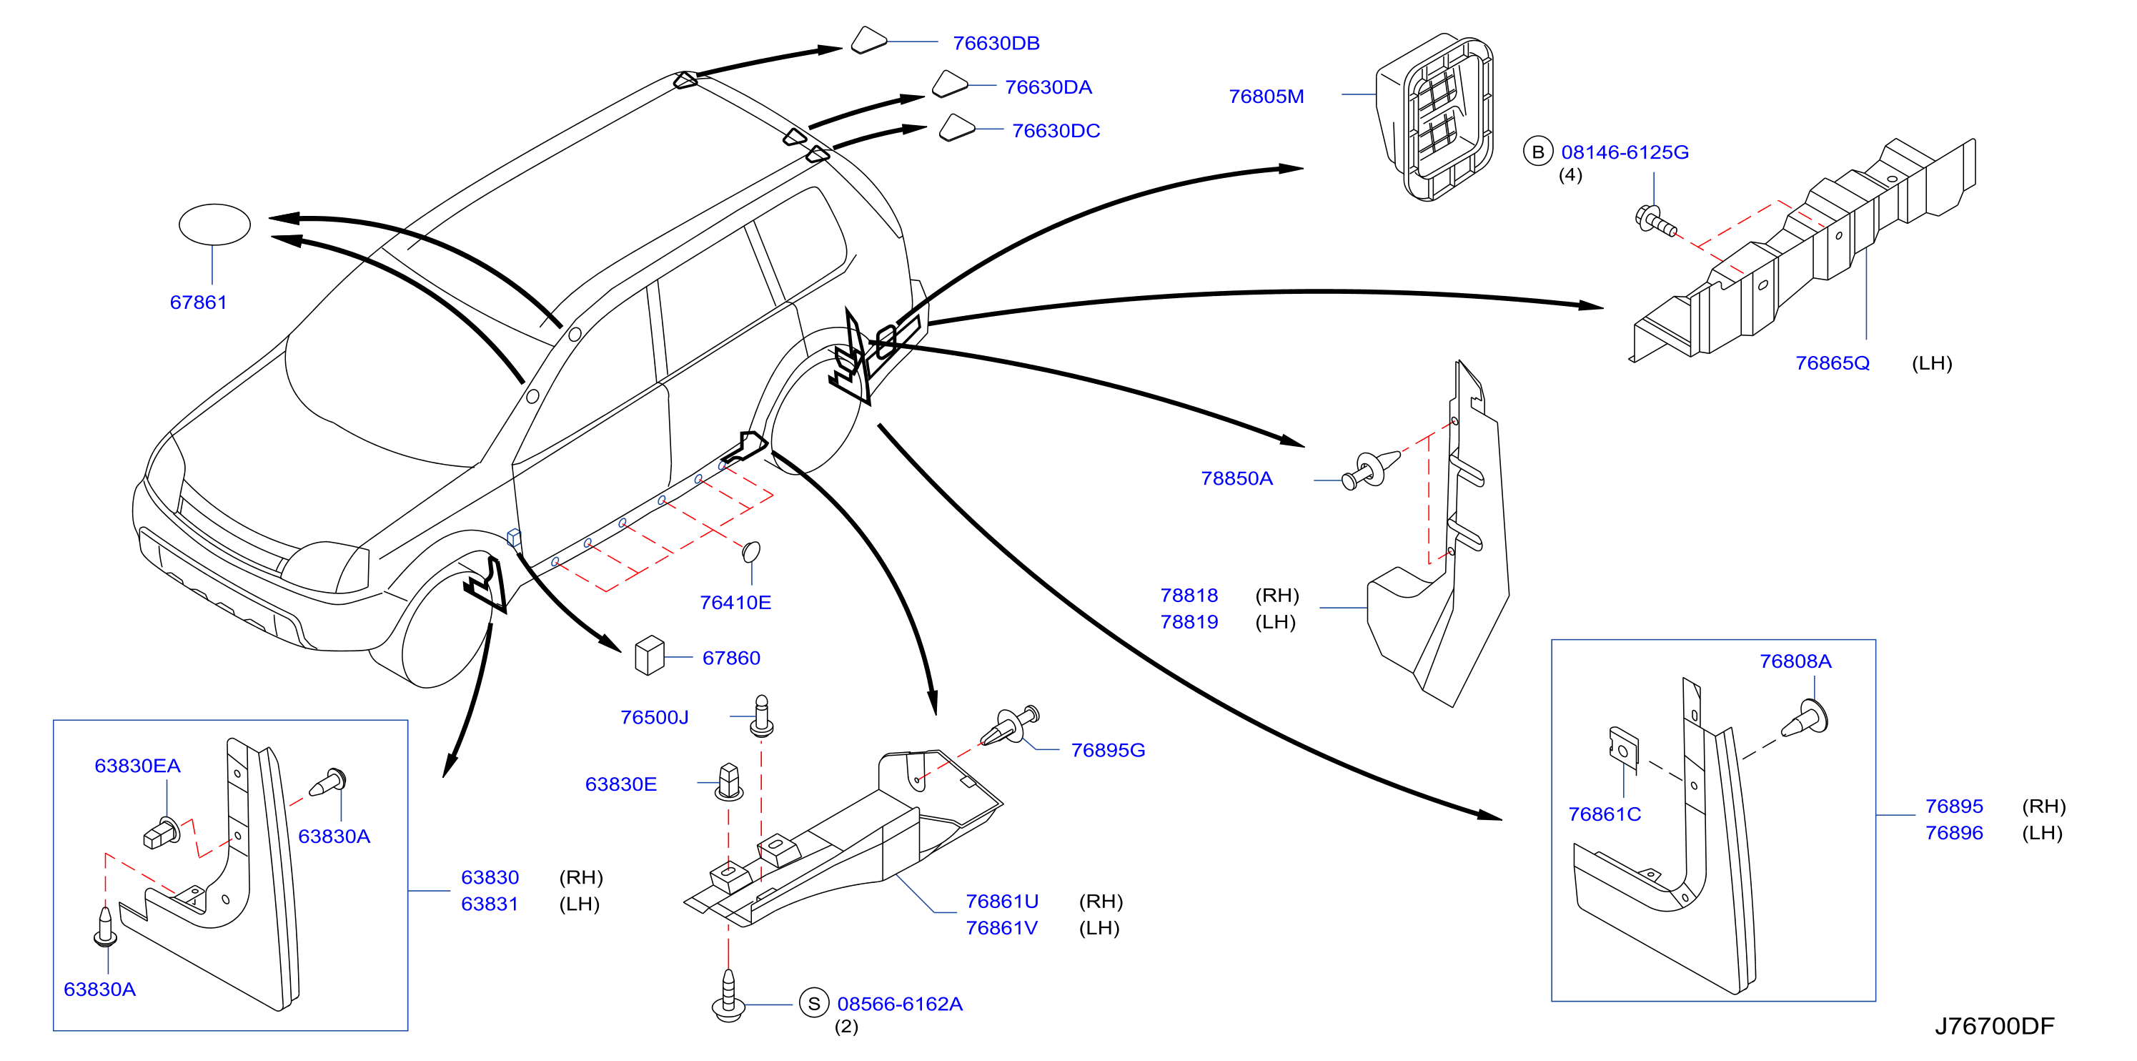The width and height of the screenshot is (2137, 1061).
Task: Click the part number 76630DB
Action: (996, 43)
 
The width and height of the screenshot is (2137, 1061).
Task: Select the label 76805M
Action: (1266, 97)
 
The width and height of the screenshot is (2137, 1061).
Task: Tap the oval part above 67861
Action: (215, 224)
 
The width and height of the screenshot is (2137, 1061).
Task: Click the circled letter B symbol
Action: (1537, 152)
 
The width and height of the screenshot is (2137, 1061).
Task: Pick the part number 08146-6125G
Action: (1625, 152)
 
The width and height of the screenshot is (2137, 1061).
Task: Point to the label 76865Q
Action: (1832, 363)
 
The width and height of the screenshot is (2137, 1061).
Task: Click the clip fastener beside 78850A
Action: (1369, 469)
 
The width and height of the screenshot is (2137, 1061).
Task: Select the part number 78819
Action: (1189, 621)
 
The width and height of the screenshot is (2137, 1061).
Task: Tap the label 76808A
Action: (1795, 661)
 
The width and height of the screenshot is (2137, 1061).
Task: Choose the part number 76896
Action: (1953, 832)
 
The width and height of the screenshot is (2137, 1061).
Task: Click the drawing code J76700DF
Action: (1994, 1026)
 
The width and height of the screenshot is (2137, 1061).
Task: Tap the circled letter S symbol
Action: (814, 1003)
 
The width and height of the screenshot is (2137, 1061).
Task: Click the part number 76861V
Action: (1001, 927)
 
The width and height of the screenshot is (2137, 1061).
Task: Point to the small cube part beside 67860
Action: (650, 656)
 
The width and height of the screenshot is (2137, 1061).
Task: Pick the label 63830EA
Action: (137, 766)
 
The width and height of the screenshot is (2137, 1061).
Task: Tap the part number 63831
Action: (490, 904)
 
